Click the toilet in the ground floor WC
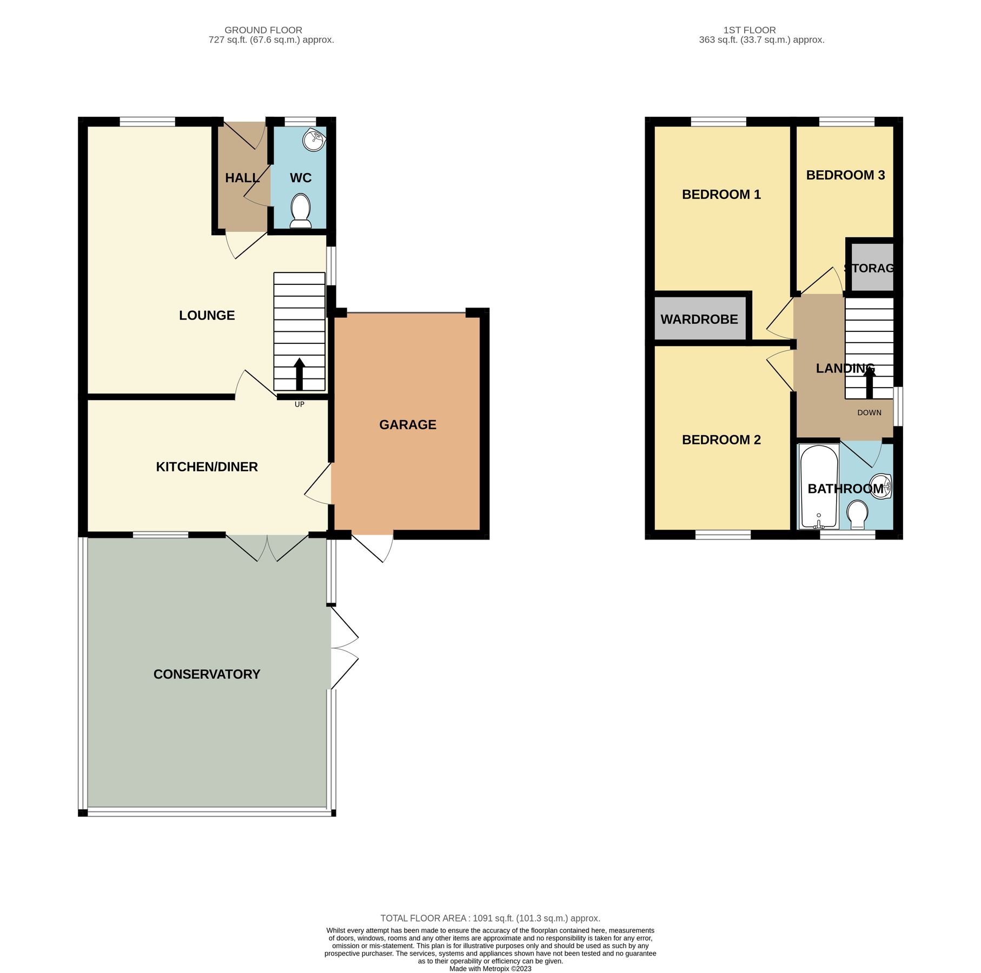(301, 211)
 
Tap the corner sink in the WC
(314, 141)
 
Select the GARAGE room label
(408, 425)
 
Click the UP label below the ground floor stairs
(299, 404)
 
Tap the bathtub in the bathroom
(819, 486)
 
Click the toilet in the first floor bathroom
(857, 515)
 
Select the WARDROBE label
(699, 319)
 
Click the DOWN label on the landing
(869, 412)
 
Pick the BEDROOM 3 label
(845, 175)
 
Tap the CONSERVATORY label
(207, 674)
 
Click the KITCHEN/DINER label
(207, 467)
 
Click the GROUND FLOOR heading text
(263, 30)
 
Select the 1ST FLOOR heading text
(750, 30)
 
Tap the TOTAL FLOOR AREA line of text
(490, 918)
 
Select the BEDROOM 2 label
(721, 440)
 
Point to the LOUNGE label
(207, 316)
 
